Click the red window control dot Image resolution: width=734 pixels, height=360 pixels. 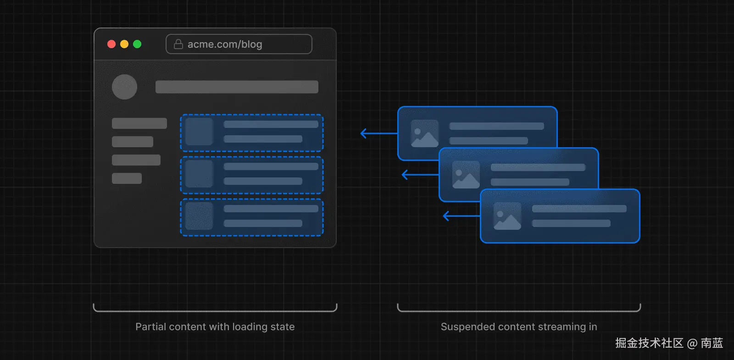[111, 44]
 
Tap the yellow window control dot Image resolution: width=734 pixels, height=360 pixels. [124, 44]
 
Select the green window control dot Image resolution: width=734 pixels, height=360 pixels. [137, 44]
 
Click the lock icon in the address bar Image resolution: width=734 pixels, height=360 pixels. [178, 44]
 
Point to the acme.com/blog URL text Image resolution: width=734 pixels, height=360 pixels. [225, 44]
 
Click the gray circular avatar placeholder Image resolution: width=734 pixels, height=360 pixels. [125, 87]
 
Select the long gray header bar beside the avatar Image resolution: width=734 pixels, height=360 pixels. [237, 87]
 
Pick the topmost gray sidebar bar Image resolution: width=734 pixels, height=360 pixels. [139, 123]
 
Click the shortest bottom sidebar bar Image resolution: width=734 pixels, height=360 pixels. [127, 178]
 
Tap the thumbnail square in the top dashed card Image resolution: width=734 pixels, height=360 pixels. [199, 132]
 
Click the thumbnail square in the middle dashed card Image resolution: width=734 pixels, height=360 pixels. [199, 174]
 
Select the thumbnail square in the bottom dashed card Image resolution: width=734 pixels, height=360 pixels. [199, 216]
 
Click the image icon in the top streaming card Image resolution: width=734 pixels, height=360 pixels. [425, 133]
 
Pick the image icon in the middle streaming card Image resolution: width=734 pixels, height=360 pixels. [466, 175]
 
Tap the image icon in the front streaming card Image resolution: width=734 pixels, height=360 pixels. [507, 216]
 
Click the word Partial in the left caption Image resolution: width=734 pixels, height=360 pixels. [150, 327]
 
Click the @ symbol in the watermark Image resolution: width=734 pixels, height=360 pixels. [692, 343]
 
